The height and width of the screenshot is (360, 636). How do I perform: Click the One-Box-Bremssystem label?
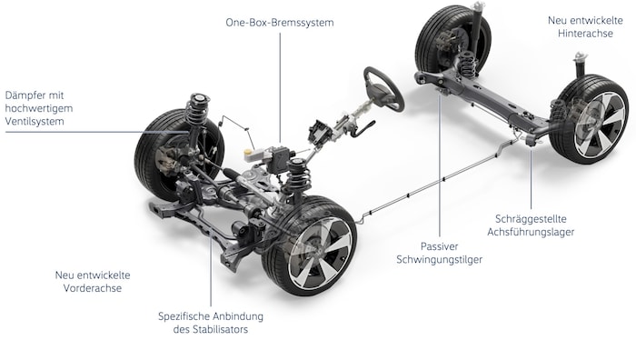coord(280,23)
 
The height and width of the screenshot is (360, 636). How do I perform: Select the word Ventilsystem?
coord(35,121)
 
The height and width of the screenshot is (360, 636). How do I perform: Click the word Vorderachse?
coord(93,288)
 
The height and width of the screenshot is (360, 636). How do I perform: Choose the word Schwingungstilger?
coord(439,260)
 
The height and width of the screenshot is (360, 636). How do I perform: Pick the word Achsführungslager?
coord(531,232)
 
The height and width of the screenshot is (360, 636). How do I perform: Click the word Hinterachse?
coord(585,34)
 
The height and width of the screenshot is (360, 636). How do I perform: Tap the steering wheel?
coord(383,89)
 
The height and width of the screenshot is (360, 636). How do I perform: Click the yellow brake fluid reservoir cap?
coord(248,152)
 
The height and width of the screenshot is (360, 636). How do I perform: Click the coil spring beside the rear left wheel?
coord(468,65)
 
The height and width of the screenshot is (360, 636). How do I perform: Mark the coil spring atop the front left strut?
coord(197,111)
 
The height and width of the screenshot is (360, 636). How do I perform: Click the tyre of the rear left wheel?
coord(425,41)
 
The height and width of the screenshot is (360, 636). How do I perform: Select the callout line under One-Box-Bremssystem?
coord(280,87)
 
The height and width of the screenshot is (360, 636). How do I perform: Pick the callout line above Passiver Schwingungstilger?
coord(440,165)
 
